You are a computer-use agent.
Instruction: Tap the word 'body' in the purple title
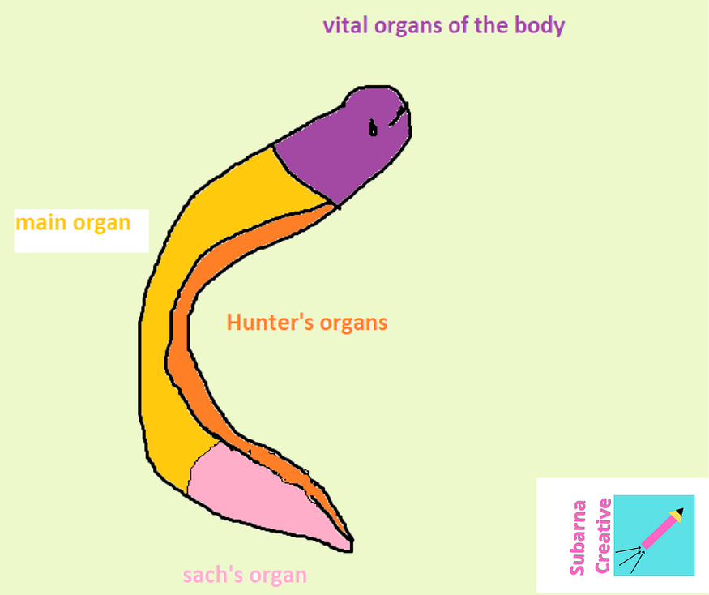(x=539, y=25)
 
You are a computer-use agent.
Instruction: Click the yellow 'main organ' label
(x=73, y=222)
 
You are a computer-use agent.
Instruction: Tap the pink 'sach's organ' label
(x=245, y=576)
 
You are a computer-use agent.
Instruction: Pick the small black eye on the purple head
(x=373, y=128)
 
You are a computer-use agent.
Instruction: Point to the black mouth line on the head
(x=397, y=117)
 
